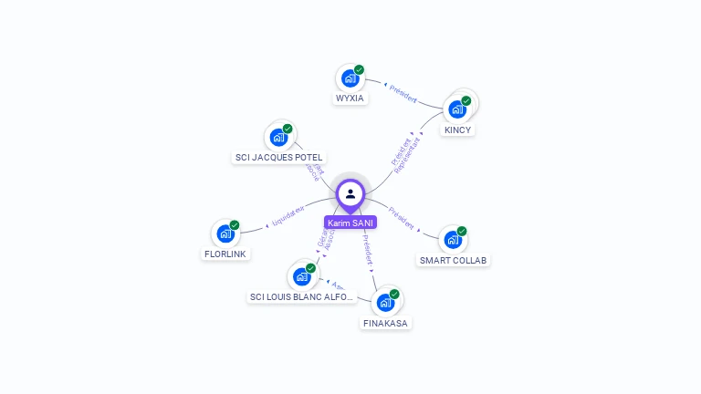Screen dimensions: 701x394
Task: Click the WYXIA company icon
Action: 350,78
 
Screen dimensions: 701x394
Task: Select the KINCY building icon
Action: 457,109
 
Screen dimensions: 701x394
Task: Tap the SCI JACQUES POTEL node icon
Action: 277,138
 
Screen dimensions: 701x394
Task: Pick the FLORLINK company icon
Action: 225,233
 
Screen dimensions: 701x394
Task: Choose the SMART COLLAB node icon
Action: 453,240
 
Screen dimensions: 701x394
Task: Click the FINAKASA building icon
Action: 385,303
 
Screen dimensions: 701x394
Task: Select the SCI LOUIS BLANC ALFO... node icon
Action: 301,276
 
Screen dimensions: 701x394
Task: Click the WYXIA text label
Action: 350,98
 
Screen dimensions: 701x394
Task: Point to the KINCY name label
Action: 457,130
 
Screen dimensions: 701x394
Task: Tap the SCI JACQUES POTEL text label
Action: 278,157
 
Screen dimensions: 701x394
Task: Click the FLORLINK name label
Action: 225,254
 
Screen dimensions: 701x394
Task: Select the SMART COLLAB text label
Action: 454,260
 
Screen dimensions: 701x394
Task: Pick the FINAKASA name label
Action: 386,323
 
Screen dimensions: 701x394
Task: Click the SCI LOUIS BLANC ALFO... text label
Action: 302,296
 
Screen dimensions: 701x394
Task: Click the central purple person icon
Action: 350,193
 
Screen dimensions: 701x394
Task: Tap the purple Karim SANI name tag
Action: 350,223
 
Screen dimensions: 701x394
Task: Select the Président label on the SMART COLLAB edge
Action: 402,218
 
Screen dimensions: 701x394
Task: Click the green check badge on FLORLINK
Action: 235,224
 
